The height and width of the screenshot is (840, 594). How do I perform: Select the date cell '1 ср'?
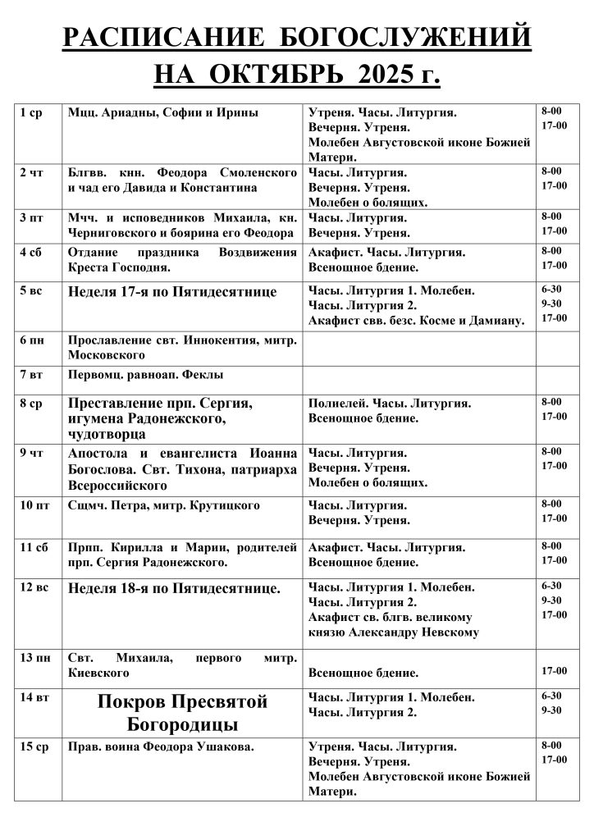(30, 112)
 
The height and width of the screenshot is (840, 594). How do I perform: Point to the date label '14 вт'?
(34, 696)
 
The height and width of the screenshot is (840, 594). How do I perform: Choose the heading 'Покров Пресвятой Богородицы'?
(183, 712)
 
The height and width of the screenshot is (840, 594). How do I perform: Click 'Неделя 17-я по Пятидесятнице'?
(172, 292)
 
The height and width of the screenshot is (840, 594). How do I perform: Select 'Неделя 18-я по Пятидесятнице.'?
(175, 588)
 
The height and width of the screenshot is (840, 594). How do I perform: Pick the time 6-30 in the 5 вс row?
(551, 290)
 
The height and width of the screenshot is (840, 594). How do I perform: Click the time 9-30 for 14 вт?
(551, 711)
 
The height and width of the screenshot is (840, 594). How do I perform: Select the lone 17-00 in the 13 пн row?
(555, 672)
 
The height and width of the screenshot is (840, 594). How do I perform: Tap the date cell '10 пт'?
(34, 504)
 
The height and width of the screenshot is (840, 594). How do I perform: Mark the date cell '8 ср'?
(31, 403)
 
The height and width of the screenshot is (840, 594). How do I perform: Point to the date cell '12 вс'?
(34, 587)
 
